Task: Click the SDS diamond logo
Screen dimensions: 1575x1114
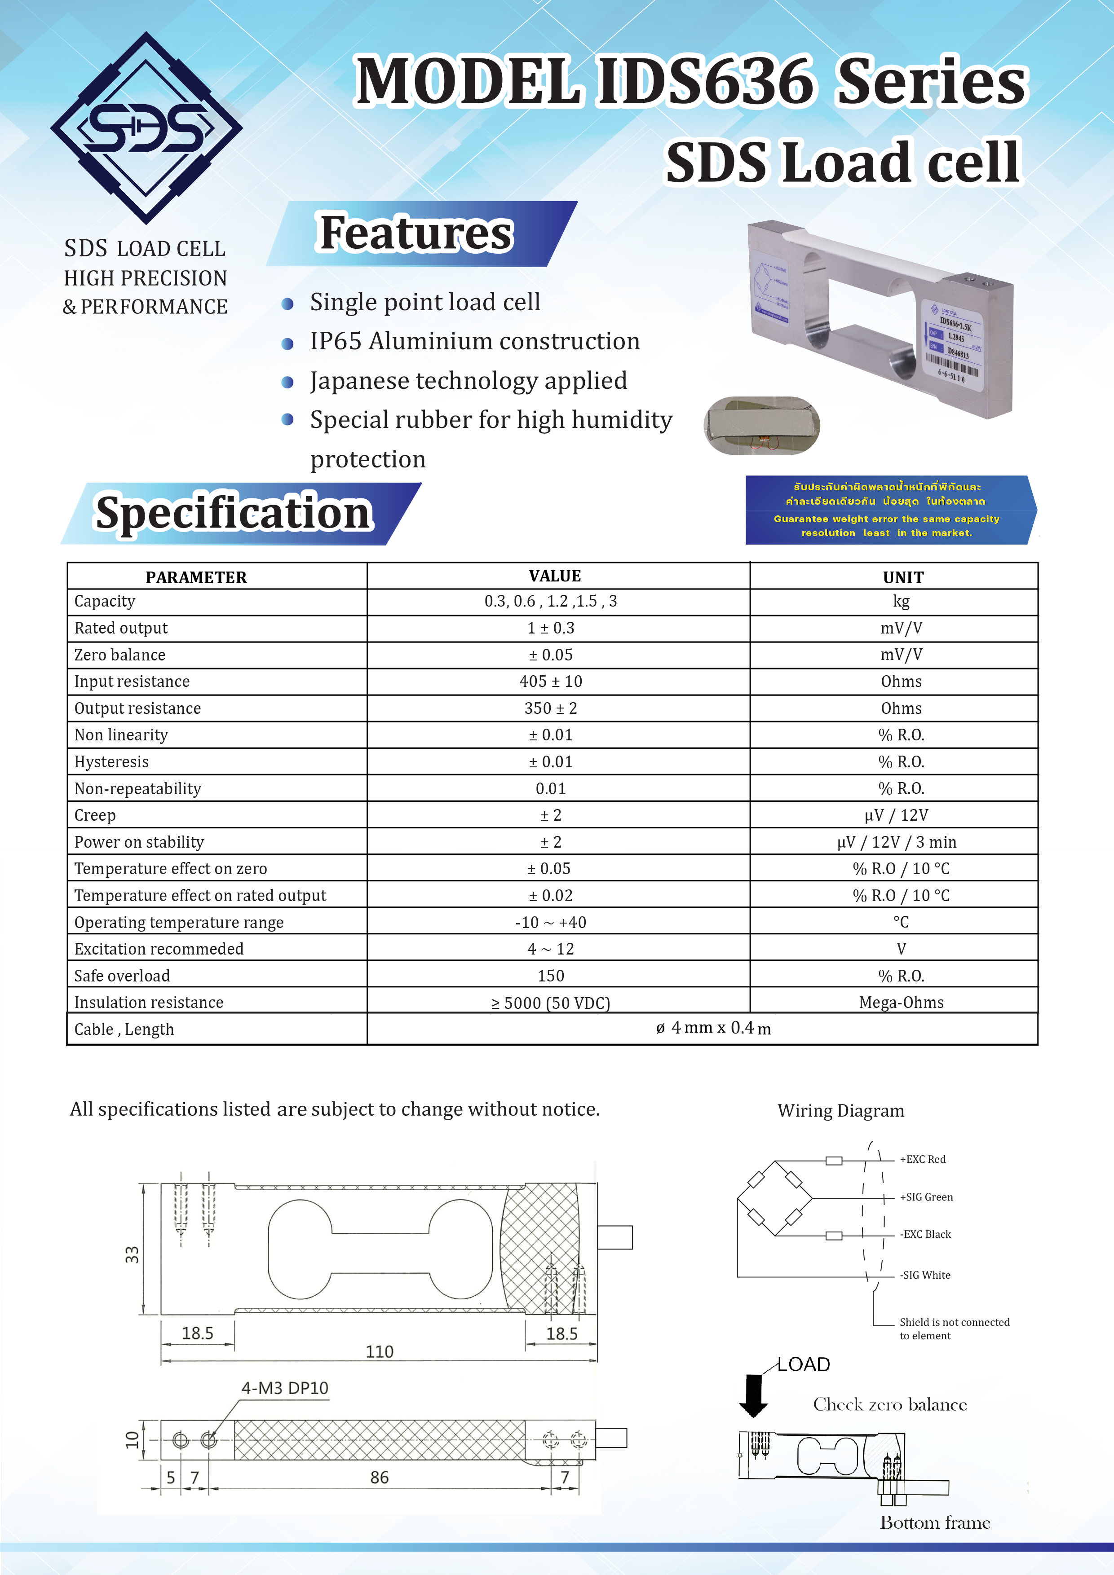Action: (x=146, y=128)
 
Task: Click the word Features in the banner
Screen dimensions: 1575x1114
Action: (x=416, y=233)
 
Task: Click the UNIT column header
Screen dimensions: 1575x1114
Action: (x=902, y=577)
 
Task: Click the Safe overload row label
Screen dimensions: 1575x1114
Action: (x=122, y=976)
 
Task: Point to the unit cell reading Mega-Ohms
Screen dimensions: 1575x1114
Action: (x=901, y=1002)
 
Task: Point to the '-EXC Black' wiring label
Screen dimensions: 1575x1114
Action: (x=925, y=1234)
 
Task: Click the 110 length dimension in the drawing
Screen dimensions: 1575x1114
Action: (x=380, y=1351)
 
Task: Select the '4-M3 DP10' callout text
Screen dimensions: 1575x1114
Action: (x=285, y=1388)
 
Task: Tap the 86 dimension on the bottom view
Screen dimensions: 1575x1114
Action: (x=380, y=1477)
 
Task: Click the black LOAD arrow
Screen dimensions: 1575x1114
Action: (x=754, y=1395)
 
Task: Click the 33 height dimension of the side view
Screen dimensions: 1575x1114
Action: (x=132, y=1254)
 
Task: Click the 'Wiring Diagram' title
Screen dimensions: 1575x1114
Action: (x=841, y=1111)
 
